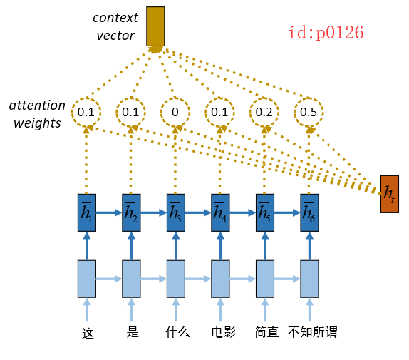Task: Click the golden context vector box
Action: pos(155,26)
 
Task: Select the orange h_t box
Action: pos(390,193)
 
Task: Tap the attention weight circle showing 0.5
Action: pos(309,112)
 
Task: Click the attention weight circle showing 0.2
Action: pos(264,112)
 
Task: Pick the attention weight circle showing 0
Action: pos(175,112)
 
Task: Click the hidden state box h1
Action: pos(86,212)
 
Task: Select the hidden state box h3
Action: pos(175,212)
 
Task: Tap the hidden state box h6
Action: pos(309,212)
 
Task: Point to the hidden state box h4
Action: pos(219,212)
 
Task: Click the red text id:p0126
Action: pos(326,32)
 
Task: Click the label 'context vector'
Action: pos(116,26)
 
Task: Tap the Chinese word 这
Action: pos(88,332)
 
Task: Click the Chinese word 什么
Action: pos(177,332)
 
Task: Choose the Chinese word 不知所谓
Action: pos(312,332)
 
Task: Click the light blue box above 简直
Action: pos(264,279)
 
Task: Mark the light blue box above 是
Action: pos(131,279)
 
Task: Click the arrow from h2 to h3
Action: pos(153,212)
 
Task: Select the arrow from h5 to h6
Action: pos(286,212)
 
